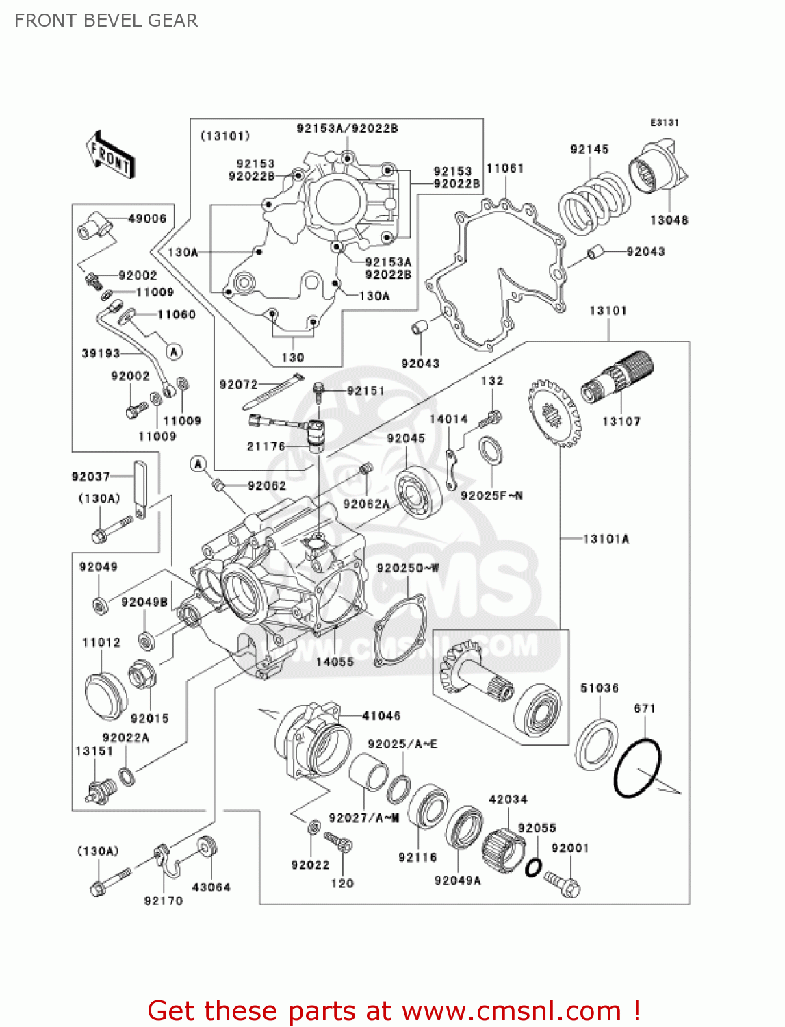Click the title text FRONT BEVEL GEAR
[x=106, y=21]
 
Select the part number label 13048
[x=669, y=220]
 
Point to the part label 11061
[x=505, y=168]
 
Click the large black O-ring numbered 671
[x=637, y=768]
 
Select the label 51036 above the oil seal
[x=599, y=688]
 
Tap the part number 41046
[x=381, y=715]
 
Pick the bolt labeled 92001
[x=563, y=883]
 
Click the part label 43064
[x=211, y=887]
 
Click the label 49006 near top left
[x=147, y=218]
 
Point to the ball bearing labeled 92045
[x=417, y=493]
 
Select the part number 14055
[x=335, y=661]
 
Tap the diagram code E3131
[x=664, y=123]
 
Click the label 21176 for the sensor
[x=266, y=446]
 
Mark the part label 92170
[x=164, y=901]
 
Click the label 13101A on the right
[x=606, y=539]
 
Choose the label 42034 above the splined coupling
[x=508, y=799]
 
